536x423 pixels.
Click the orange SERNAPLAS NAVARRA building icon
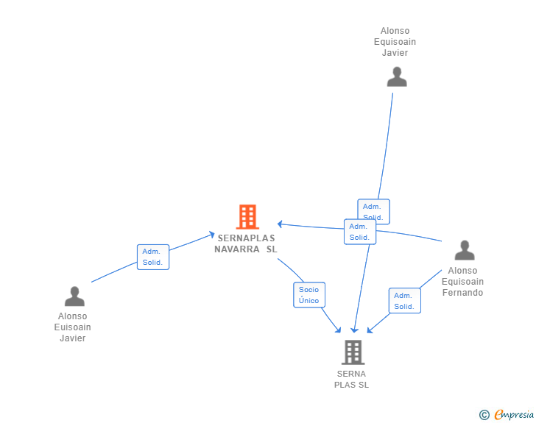click(x=247, y=217)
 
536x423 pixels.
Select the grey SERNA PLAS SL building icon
click(x=353, y=352)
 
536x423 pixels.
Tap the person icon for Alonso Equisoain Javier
click(x=397, y=77)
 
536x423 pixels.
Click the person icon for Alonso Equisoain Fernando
click(x=465, y=251)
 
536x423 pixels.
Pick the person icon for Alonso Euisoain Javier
click(x=74, y=296)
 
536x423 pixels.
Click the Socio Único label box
click(x=309, y=295)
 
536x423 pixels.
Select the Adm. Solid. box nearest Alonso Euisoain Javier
click(x=153, y=257)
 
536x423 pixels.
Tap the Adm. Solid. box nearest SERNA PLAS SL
click(x=404, y=301)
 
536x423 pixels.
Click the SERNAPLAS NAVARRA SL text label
click(x=246, y=244)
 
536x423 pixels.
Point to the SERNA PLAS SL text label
click(x=352, y=379)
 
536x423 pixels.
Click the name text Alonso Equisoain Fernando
click(x=462, y=282)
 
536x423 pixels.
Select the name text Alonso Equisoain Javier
click(x=395, y=42)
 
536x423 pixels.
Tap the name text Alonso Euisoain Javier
click(x=73, y=327)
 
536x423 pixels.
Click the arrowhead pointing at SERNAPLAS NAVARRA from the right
click(x=281, y=224)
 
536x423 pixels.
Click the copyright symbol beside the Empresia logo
click(x=484, y=416)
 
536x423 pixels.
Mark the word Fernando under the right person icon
click(x=462, y=293)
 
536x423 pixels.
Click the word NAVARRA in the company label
click(x=237, y=249)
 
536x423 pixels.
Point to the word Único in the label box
click(x=309, y=300)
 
